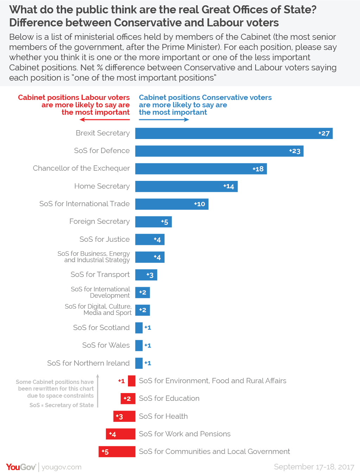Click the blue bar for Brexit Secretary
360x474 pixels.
pos(234,133)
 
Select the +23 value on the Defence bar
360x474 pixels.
pos(295,151)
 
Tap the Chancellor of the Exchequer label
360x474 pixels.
pos(81,168)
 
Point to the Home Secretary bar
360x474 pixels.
pos(186,187)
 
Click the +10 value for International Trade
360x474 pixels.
pos(200,204)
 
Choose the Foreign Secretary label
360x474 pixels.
pos(99,221)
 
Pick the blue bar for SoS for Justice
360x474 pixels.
pos(150,240)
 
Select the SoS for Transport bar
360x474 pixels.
pos(146,275)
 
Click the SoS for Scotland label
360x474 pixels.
pos(101,328)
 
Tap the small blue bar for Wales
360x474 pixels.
pos(139,346)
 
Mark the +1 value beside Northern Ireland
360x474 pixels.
pos(148,363)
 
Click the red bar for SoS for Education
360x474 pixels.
pos(128,399)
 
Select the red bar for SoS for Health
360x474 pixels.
pos(124,416)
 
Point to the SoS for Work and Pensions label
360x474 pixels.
pos(185,434)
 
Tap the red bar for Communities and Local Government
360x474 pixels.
pos(117,452)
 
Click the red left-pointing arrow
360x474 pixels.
pos(104,120)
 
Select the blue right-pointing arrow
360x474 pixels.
pos(164,120)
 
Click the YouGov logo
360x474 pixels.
pos(21,467)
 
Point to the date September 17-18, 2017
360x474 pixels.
pos(314,467)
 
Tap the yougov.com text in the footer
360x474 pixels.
pos(62,467)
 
